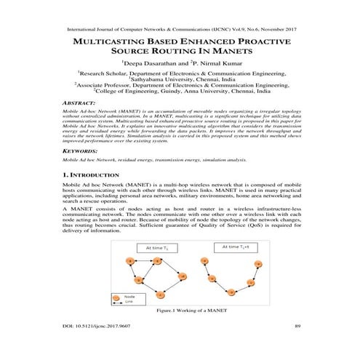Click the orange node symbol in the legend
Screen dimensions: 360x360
tap(117, 296)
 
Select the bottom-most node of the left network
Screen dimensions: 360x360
tap(160, 294)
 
